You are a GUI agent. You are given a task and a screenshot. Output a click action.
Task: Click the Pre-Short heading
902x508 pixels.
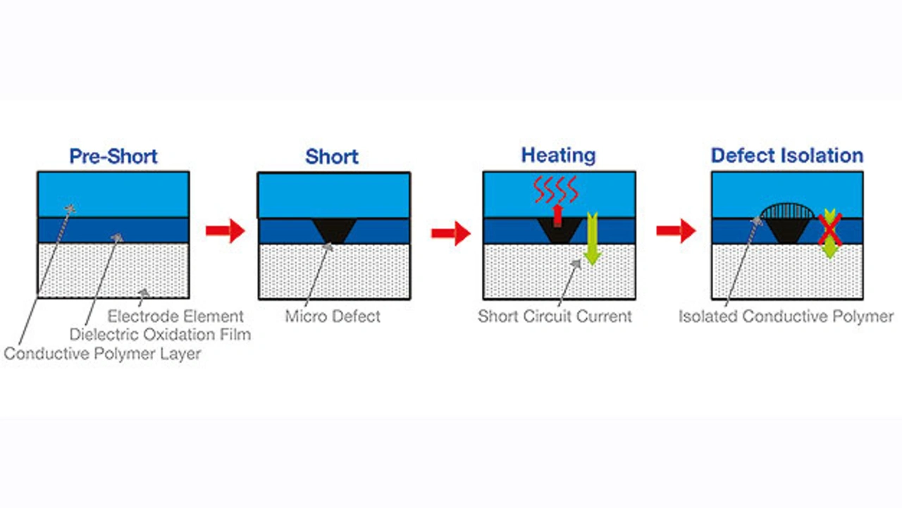point(113,156)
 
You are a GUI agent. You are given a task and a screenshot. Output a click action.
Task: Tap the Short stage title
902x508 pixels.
point(332,156)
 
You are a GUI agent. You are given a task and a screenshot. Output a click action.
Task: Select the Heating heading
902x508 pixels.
point(558,155)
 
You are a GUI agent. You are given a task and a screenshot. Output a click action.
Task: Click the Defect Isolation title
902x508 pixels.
point(787,156)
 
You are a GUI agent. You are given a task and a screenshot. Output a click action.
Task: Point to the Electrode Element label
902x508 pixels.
point(175,316)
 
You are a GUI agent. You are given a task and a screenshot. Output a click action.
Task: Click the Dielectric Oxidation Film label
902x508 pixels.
point(161,334)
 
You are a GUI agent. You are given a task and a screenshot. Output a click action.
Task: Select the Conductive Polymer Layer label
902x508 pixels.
point(102,353)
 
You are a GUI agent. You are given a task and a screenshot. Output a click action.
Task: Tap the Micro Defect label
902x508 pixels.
point(333,316)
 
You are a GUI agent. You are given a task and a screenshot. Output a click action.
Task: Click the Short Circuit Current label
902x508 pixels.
point(555,316)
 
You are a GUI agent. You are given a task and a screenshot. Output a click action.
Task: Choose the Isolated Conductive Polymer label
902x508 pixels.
point(786,316)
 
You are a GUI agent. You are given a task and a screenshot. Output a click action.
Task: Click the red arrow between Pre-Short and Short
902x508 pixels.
point(225,230)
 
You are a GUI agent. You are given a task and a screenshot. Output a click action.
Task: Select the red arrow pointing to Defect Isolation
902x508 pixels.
point(676,231)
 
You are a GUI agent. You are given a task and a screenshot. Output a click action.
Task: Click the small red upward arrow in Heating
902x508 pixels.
point(557,213)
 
